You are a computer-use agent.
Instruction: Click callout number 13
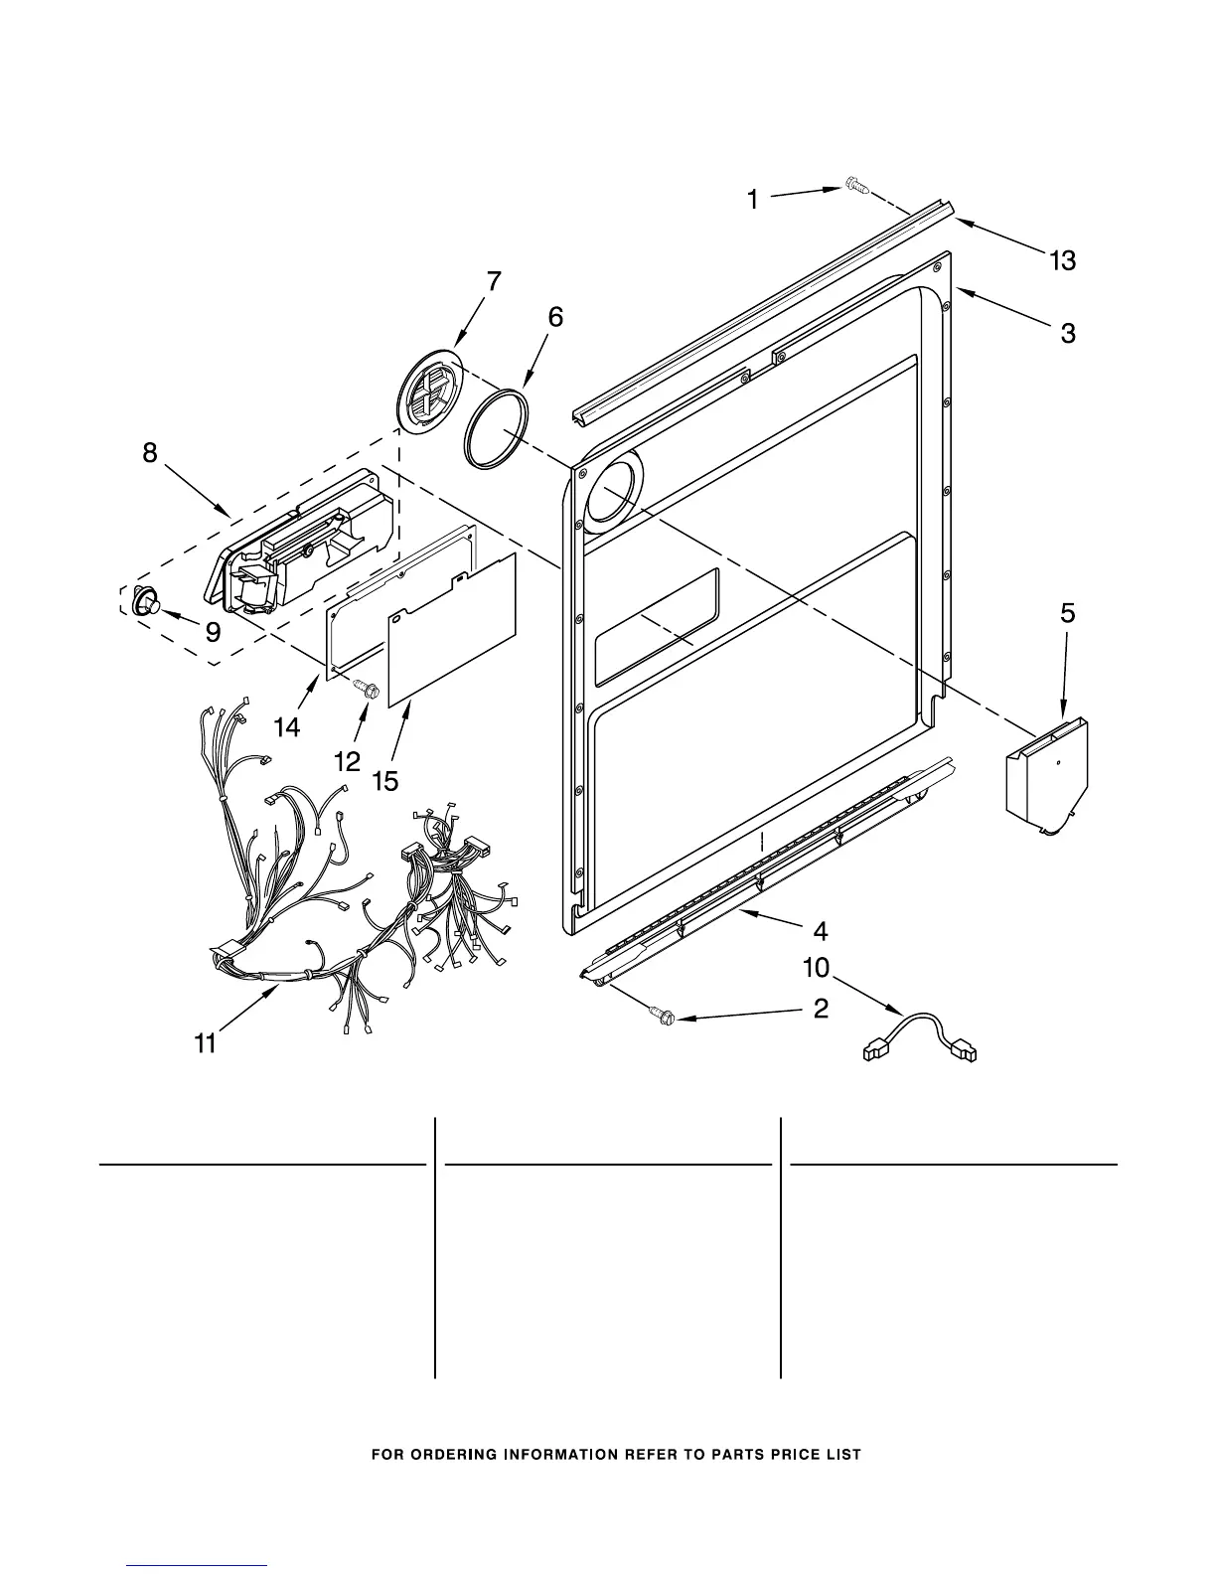pyautogui.click(x=1062, y=261)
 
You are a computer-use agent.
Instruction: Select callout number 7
pyautogui.click(x=493, y=282)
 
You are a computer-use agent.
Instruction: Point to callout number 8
pyautogui.click(x=149, y=453)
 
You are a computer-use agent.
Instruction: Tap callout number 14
pyautogui.click(x=287, y=727)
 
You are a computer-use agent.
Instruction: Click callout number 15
pyautogui.click(x=385, y=781)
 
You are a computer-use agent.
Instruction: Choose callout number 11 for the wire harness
pyautogui.click(x=206, y=1043)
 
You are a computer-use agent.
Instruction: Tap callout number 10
pyautogui.click(x=816, y=967)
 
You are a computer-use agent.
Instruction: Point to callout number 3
pyautogui.click(x=1068, y=334)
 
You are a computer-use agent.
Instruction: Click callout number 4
pyautogui.click(x=821, y=931)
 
